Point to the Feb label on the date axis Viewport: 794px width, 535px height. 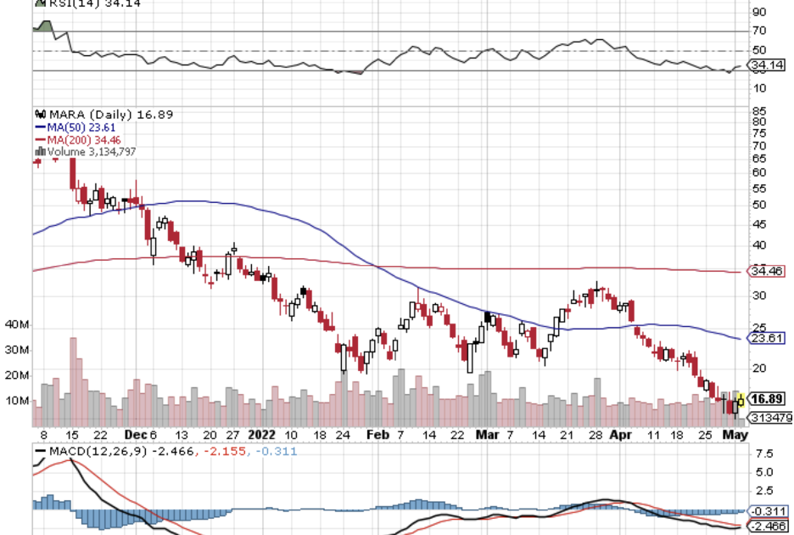(x=377, y=433)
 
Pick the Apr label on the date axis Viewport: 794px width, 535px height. (x=622, y=433)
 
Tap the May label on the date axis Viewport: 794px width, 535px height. (x=733, y=433)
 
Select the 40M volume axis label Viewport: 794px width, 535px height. (x=17, y=325)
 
